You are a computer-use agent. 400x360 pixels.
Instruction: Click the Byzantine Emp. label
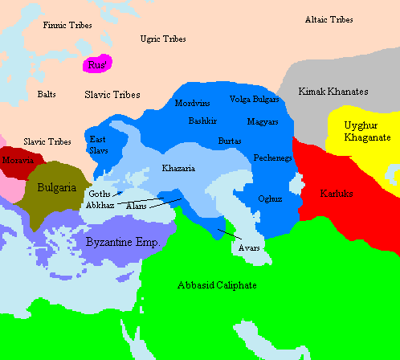(x=124, y=241)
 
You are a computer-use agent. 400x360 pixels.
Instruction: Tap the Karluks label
(x=335, y=194)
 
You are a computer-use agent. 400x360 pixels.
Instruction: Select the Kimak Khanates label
(x=329, y=94)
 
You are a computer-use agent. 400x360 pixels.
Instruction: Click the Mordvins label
(x=192, y=103)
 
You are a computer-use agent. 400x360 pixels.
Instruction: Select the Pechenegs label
(x=271, y=157)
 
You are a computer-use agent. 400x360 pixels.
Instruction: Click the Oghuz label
(x=270, y=197)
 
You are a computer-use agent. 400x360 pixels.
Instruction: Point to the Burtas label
(x=230, y=141)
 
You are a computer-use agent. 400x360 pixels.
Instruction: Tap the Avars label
(x=249, y=247)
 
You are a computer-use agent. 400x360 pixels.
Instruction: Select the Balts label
(x=47, y=95)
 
